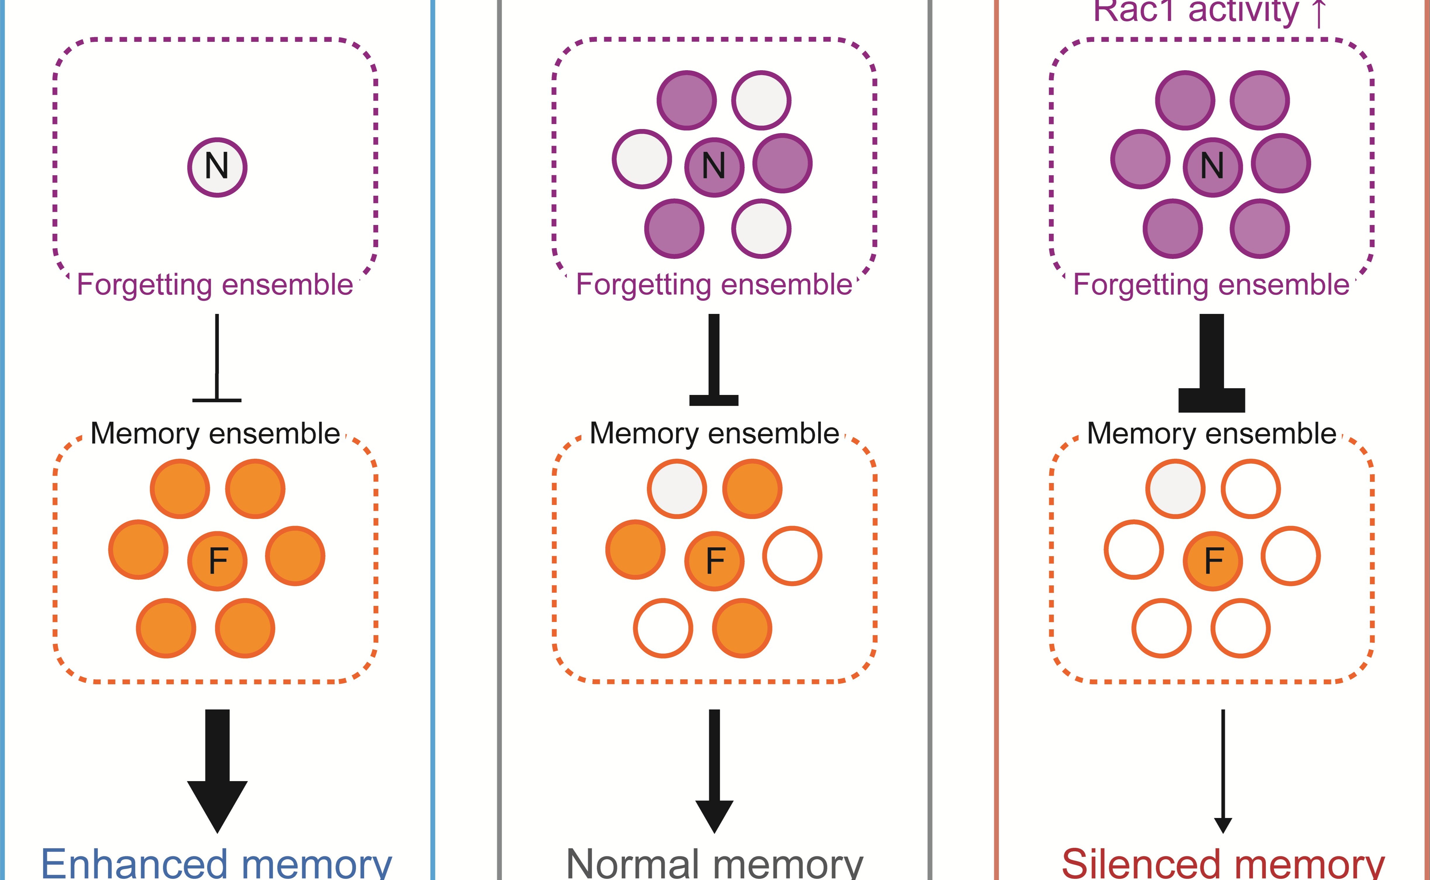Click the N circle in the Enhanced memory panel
pos(217,167)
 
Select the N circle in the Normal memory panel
pos(714,167)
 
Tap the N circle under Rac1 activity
pos(1212,167)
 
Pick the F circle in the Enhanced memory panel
pos(217,561)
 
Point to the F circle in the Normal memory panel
pos(714,561)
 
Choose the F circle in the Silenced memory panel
pos(1212,561)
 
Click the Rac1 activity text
pos(1195,12)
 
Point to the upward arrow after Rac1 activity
pos(1318,13)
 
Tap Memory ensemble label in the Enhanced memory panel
pos(215,434)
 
